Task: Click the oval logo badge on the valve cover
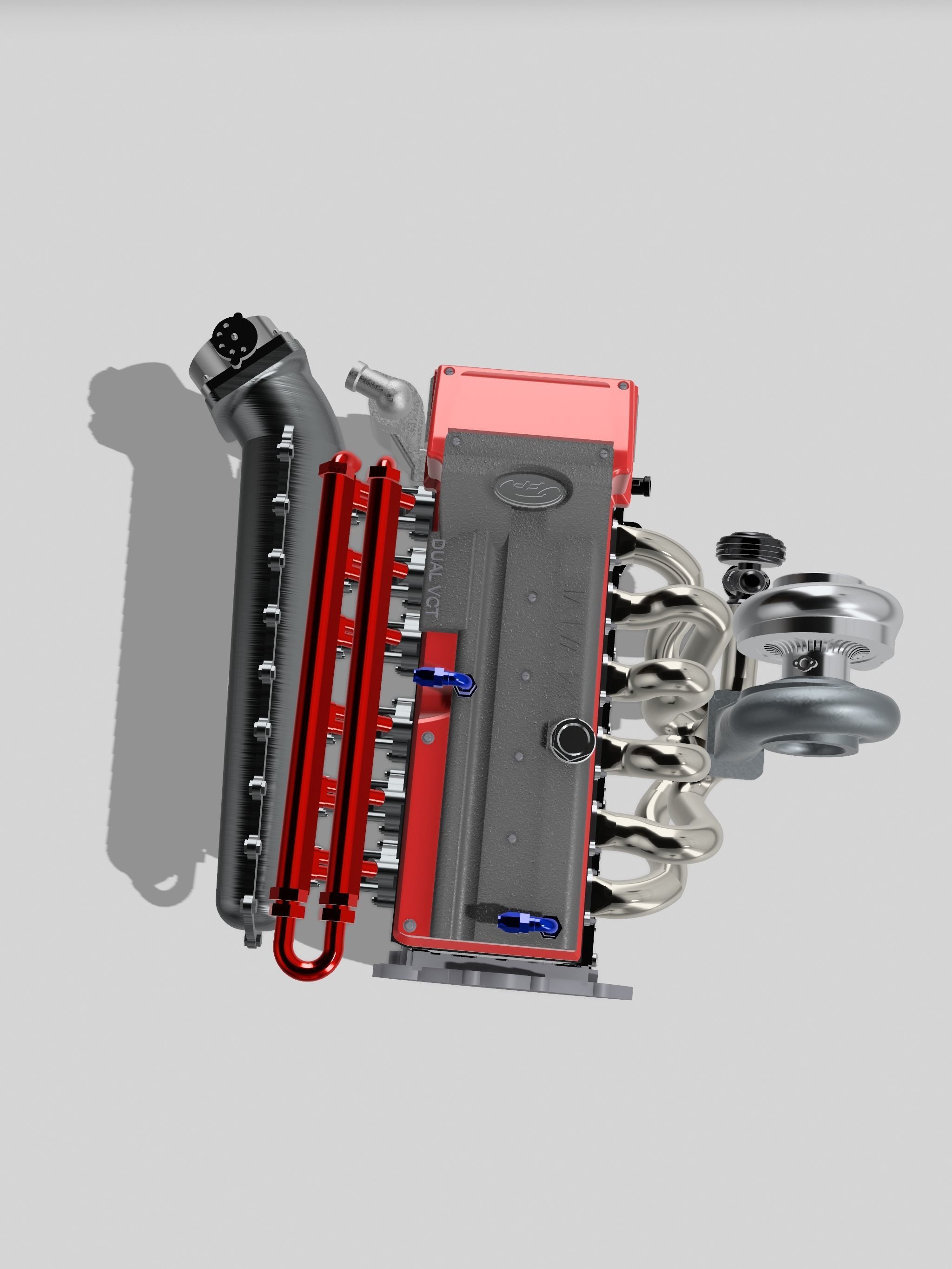point(532,488)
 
